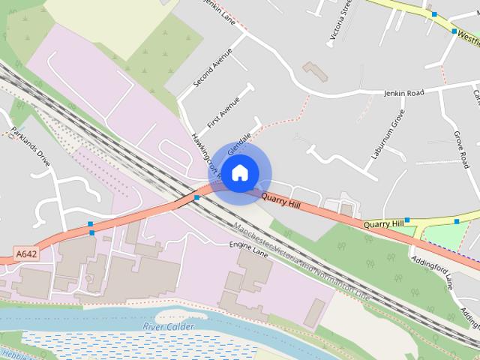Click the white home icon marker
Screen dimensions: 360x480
(238, 172)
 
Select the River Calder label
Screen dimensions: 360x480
(169, 327)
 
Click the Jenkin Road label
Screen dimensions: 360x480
(403, 93)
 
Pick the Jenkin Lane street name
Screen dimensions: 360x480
(220, 12)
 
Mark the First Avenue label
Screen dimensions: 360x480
(224, 113)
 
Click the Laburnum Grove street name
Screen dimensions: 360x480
(388, 134)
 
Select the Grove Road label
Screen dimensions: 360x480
(461, 149)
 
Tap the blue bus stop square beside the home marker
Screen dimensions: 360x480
(196, 198)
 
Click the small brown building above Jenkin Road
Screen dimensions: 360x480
(316, 72)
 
